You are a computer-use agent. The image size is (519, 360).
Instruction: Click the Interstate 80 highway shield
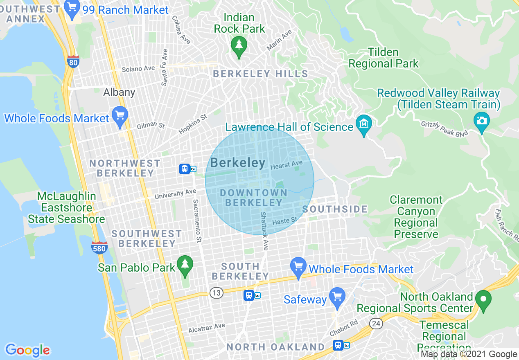[73, 62]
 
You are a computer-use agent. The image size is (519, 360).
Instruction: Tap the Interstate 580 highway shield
[99, 248]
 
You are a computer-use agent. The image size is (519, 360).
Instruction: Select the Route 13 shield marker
[217, 292]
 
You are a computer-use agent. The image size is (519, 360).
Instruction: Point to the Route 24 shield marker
[376, 324]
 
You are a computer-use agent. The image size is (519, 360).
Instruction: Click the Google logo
[27, 350]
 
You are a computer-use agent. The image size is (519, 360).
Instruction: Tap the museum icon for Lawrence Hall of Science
[363, 123]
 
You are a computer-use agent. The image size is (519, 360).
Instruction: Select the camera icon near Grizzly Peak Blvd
[481, 121]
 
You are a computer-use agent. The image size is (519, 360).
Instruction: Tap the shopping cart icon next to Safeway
[337, 296]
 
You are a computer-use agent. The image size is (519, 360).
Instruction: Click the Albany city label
[119, 92]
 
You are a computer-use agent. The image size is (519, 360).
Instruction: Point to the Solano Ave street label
[138, 69]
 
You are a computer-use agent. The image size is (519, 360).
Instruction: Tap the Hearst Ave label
[286, 165]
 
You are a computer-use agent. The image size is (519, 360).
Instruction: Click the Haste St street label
[285, 221]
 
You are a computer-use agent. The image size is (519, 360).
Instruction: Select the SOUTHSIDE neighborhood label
[335, 209]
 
